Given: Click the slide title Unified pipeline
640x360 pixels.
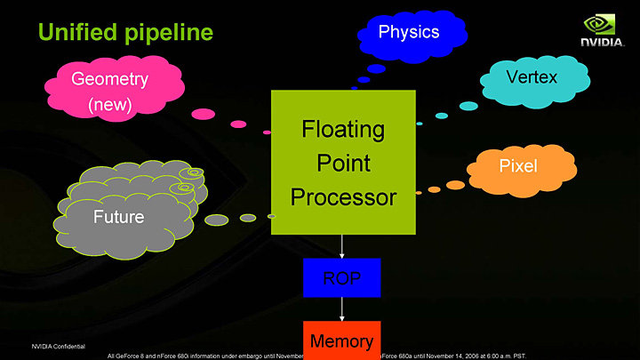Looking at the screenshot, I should point(124,33).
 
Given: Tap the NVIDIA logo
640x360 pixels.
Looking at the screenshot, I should point(607,30).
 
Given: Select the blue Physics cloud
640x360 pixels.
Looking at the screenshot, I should point(410,33).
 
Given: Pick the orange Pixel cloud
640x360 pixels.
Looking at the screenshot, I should point(517,166).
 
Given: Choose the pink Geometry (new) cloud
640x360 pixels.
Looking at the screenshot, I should point(111,90).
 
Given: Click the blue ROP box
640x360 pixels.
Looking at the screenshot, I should point(341,278).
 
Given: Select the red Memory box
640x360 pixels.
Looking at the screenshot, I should point(341,340).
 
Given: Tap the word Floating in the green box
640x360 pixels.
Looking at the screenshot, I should point(343,130).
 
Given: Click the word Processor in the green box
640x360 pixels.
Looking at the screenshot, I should point(343,197).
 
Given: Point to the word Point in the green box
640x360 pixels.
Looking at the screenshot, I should point(343,164).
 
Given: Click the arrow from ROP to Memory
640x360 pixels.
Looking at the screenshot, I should point(342,308).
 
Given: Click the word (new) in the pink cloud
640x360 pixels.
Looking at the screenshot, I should point(110,105).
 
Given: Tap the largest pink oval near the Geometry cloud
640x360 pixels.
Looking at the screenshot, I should point(204,113).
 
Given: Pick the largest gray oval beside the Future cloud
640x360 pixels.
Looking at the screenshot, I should point(217,220).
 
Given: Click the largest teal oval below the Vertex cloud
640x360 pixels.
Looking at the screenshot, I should point(468,106).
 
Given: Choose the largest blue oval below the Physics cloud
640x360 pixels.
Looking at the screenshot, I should point(376,68).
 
